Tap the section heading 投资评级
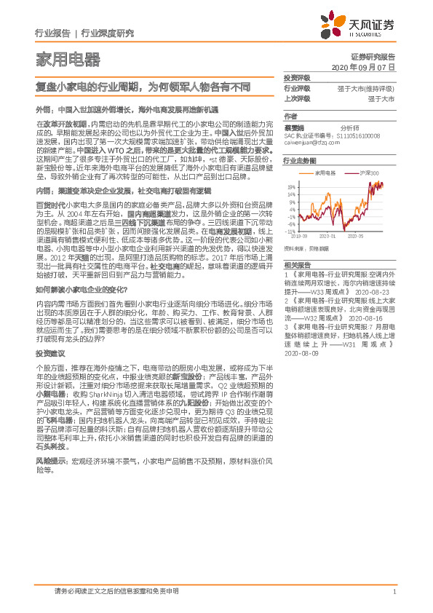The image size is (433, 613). (x=296, y=78)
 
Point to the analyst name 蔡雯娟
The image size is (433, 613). (x=295, y=126)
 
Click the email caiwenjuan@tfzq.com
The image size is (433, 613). (x=312, y=143)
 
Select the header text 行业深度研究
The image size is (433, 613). (x=107, y=33)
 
